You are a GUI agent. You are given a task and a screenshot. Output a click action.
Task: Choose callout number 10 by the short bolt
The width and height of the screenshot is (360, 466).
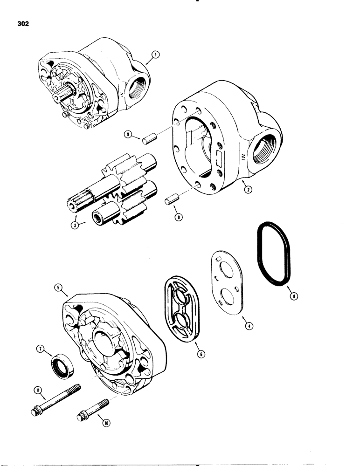[x=101, y=424]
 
